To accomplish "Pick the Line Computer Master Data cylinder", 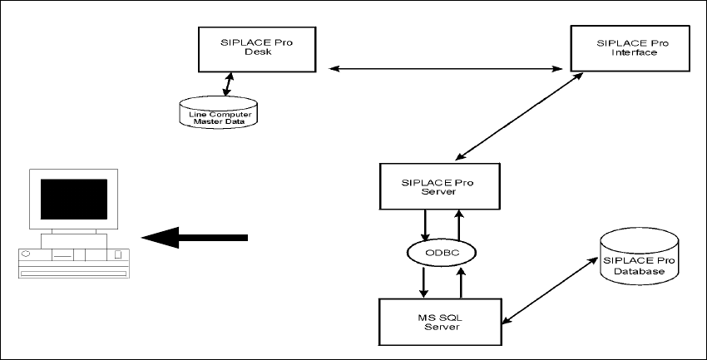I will pyautogui.click(x=219, y=113).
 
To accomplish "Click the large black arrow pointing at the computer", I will pyautogui.click(x=196, y=239).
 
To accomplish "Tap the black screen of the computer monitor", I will pyautogui.click(x=74, y=198).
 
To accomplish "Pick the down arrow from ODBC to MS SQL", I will pyautogui.click(x=425, y=282).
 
